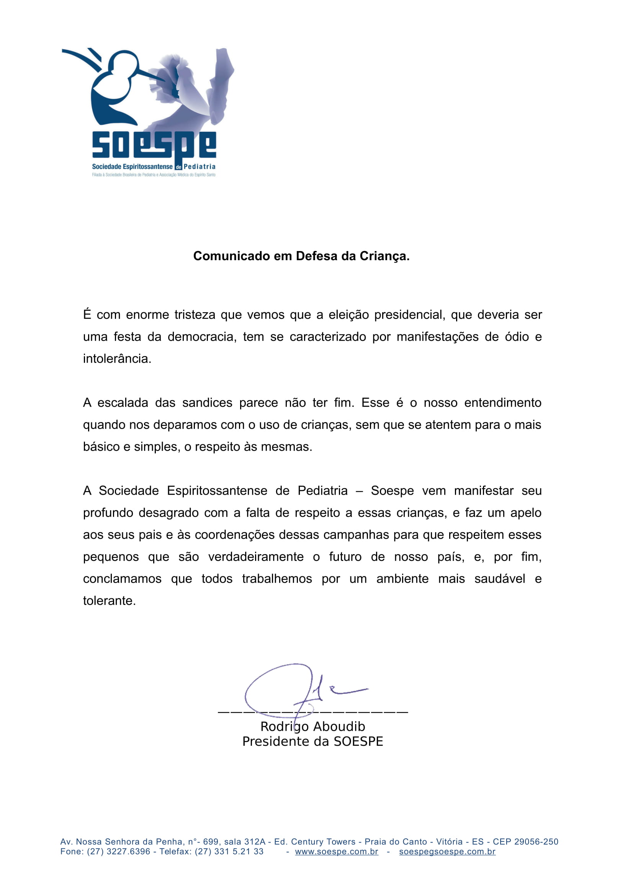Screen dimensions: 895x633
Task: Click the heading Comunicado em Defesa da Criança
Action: click(301, 256)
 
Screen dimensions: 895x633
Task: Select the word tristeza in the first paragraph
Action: click(195, 315)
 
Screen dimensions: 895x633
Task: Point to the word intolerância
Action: click(117, 359)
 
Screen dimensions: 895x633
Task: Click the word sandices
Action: click(207, 403)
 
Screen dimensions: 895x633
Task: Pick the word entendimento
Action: click(502, 403)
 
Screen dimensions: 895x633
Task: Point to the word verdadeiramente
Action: click(256, 557)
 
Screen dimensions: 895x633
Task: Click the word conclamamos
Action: click(122, 579)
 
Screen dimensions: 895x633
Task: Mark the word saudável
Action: click(500, 579)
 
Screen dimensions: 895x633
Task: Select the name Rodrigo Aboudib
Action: click(313, 727)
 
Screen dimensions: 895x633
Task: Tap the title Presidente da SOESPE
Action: click(313, 742)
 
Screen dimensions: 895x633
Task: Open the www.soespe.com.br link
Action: click(337, 852)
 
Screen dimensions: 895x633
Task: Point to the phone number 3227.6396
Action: click(128, 852)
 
